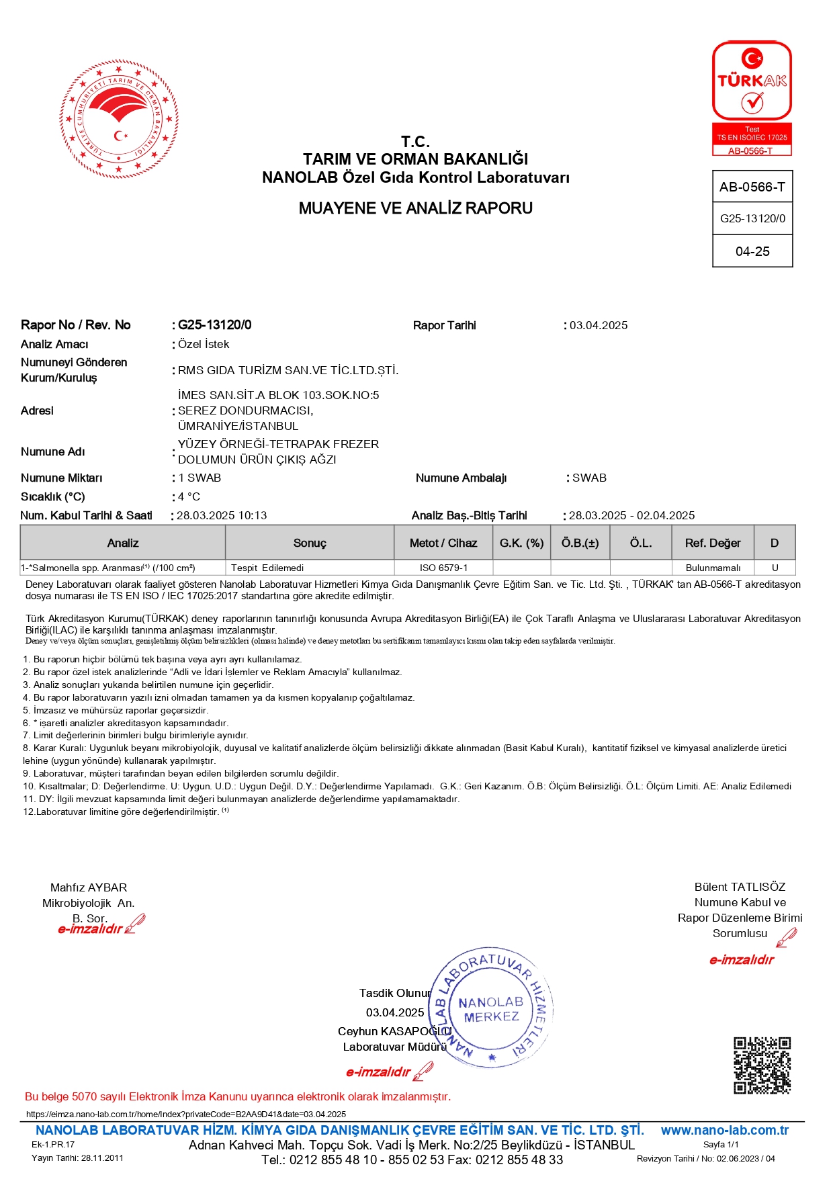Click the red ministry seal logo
tap(119, 118)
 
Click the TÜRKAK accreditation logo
tap(752, 98)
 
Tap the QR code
tap(762, 1065)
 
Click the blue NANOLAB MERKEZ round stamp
tap(491, 1007)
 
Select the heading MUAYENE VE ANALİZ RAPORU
tap(415, 208)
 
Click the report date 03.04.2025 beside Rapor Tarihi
tap(599, 325)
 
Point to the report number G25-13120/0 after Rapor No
tap(214, 325)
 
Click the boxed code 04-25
tap(752, 251)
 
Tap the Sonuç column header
tap(310, 543)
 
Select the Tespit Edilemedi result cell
tap(267, 568)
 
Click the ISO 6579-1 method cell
tap(443, 568)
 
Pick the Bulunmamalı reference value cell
tap(713, 568)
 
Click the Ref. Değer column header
tap(713, 543)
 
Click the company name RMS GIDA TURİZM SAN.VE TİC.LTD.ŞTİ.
tap(288, 370)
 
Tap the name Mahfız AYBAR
tap(89, 887)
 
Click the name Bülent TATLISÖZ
tap(740, 887)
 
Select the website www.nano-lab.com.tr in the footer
tap(724, 1130)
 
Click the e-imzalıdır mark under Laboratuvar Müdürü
tap(378, 1072)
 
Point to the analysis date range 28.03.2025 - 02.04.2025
tap(631, 515)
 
